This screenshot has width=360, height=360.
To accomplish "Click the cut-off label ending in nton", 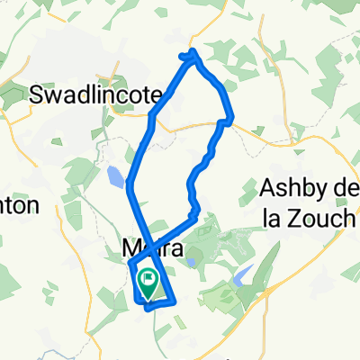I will pyautogui.click(x=18, y=205).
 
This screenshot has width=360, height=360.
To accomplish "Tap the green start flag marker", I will pyautogui.click(x=147, y=282).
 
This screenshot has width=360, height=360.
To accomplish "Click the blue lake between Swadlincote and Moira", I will pyautogui.click(x=114, y=175).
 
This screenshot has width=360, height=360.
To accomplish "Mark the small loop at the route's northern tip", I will pyautogui.click(x=190, y=56).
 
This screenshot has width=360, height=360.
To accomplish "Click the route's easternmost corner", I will pyautogui.click(x=232, y=118).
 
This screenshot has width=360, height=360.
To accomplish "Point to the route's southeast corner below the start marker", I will pyautogui.click(x=167, y=303).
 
